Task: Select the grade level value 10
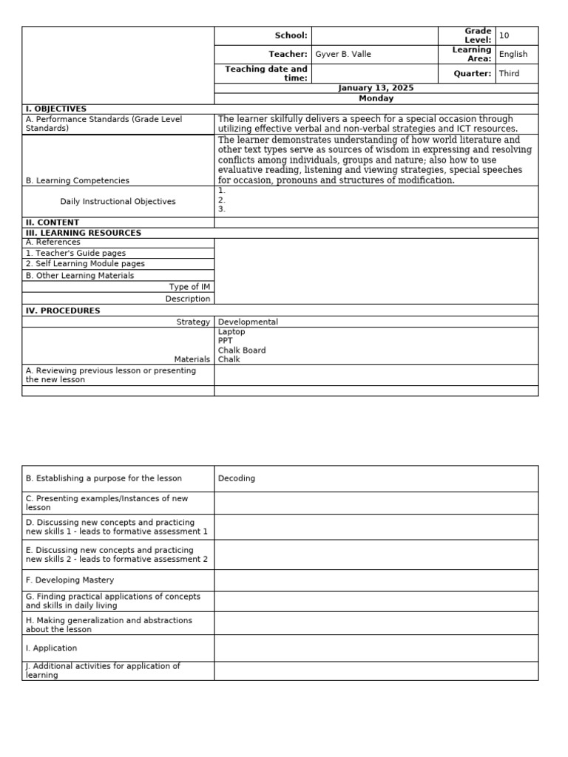504,35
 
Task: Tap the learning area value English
513,55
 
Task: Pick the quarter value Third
510,74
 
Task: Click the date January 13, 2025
376,88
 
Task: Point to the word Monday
376,98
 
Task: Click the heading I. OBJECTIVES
56,109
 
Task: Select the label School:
291,35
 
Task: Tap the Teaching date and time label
266,73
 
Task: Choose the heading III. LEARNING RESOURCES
84,233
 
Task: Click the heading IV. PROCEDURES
63,311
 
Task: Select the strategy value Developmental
248,322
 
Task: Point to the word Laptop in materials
231,332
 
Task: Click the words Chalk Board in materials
242,350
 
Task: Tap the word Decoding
237,478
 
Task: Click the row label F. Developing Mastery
70,580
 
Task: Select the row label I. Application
51,648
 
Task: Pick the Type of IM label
189,287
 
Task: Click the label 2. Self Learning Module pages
85,264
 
